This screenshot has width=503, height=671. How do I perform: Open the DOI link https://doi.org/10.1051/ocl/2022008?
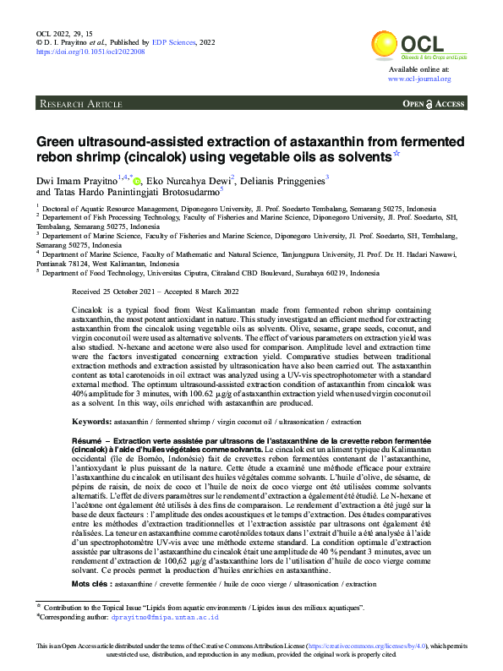click(x=90, y=52)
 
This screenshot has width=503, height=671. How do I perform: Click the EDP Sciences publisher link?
click(x=173, y=41)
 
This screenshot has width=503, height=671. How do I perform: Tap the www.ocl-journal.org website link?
click(x=419, y=79)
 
